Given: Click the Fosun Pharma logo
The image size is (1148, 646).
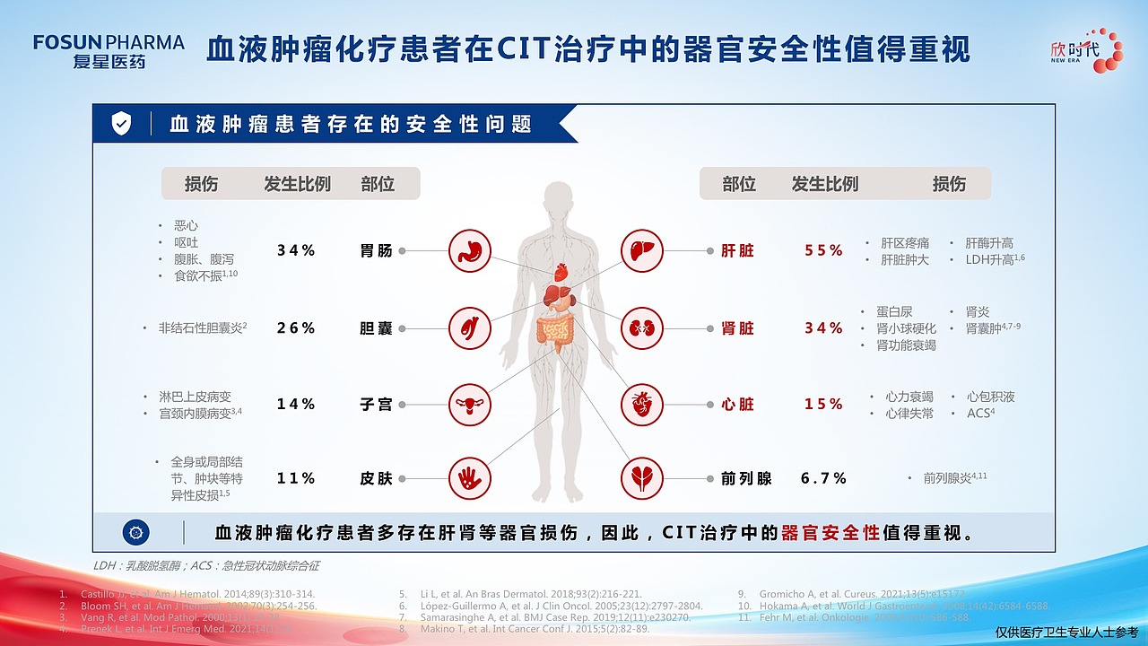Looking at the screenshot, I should (x=108, y=51).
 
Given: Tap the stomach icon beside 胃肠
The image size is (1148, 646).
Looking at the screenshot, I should (x=470, y=251).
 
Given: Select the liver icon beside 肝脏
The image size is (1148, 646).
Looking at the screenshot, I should (x=642, y=251).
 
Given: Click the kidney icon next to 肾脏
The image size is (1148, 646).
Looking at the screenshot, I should (x=642, y=328).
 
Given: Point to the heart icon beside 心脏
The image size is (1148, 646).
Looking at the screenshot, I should (x=642, y=405).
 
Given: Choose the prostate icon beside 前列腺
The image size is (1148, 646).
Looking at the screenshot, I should (x=642, y=478).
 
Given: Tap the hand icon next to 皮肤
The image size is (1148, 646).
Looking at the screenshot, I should (x=470, y=478).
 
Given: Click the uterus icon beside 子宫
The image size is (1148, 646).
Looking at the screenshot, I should (x=470, y=405).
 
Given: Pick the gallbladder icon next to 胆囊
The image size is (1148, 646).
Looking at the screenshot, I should (x=470, y=328).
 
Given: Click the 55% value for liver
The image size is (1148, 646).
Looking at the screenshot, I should (x=823, y=251).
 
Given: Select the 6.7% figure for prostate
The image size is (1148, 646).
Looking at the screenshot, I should (x=823, y=479).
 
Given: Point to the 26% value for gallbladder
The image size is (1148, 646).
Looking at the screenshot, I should (x=296, y=328).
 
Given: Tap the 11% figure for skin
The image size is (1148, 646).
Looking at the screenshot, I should (x=296, y=479).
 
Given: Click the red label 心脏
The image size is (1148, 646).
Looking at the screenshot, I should (x=737, y=405).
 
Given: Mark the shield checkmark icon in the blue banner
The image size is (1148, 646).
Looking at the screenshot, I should (x=121, y=124).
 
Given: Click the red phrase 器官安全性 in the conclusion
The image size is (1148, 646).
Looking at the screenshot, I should (x=830, y=533).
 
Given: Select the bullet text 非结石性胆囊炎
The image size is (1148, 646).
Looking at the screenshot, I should (x=200, y=328).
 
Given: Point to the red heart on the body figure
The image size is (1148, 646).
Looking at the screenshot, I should (x=561, y=270).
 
